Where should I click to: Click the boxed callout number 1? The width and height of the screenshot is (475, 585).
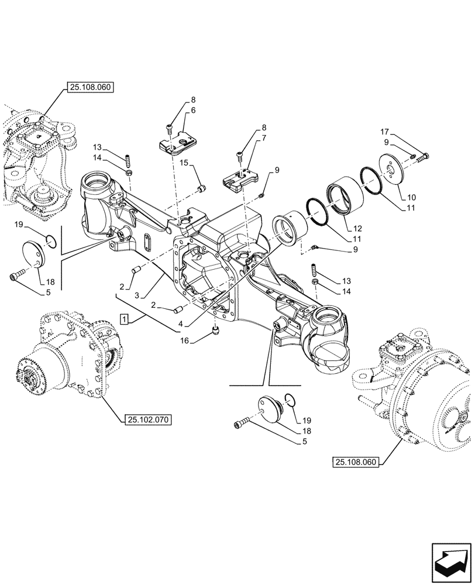[124, 319]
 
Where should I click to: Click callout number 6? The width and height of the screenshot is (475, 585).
[193, 109]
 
